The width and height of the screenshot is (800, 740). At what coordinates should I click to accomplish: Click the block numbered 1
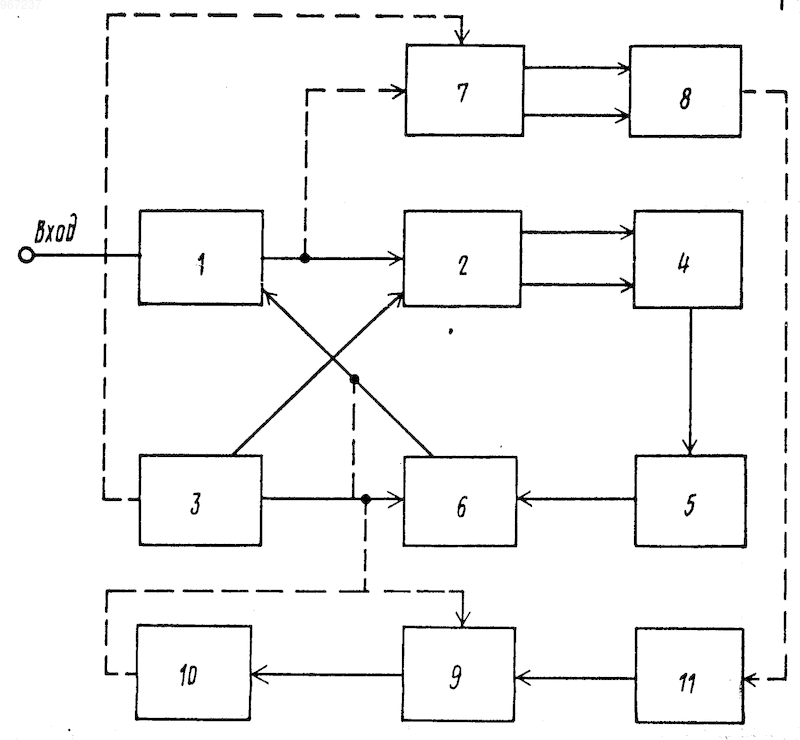201,258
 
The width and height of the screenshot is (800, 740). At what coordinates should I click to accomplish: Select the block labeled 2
463,259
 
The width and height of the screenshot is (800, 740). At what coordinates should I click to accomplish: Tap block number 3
201,500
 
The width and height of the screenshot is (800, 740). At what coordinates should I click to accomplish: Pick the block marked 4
688,259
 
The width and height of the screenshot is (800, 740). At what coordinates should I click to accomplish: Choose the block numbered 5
690,501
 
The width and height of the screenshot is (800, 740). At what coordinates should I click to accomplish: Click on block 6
460,501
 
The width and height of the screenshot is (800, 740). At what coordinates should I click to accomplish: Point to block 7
465,90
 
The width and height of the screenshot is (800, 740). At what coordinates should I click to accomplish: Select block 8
685,91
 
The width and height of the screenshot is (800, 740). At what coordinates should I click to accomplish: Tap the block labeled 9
459,674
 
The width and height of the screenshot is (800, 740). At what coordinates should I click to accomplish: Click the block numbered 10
193,673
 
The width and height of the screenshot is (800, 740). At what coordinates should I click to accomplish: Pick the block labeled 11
689,676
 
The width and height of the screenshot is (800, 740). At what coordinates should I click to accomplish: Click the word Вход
56,230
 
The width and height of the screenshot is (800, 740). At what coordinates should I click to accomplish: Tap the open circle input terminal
26,255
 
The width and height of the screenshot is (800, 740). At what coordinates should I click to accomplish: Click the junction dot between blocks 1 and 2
305,258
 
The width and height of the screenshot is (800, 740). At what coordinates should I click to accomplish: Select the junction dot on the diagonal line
355,379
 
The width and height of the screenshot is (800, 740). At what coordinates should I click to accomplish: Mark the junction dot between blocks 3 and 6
365,499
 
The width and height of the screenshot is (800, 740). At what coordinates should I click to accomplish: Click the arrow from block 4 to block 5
690,381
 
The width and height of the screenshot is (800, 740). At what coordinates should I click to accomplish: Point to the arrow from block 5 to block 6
576,499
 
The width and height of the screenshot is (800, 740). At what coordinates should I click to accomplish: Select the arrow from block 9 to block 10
327,675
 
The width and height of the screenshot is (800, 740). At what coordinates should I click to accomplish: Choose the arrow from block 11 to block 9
576,679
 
